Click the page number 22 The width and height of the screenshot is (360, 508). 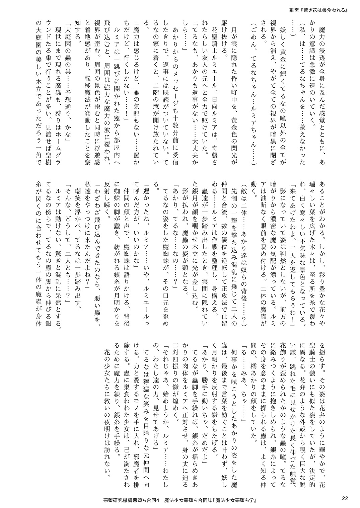345,498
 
